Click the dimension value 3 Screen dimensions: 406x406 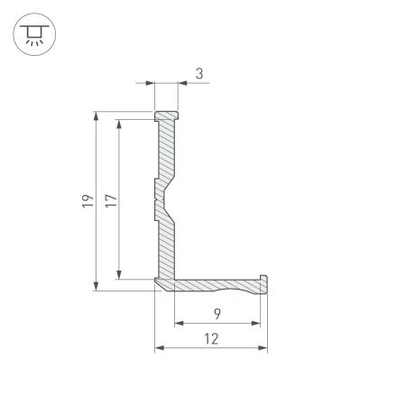[x=198, y=74]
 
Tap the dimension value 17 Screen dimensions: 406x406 [x=110, y=201]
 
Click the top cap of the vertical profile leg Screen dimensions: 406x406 [x=165, y=117]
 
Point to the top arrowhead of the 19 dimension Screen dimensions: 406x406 [x=96, y=116]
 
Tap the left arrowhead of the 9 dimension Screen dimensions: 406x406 [x=179, y=323]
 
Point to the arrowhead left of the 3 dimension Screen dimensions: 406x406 [x=150, y=84]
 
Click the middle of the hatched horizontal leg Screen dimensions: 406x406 [x=217, y=285]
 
